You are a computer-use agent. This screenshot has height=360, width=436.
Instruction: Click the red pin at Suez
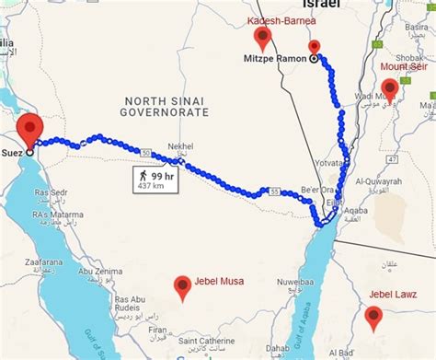(31, 128)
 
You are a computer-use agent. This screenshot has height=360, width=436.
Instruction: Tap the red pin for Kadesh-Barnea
(264, 38)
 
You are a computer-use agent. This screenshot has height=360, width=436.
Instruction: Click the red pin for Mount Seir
(390, 88)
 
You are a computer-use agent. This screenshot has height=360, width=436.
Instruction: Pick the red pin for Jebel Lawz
(373, 317)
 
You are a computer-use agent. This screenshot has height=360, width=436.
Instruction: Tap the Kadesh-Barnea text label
(281, 19)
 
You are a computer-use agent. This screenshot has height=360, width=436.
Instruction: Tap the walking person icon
(143, 173)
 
